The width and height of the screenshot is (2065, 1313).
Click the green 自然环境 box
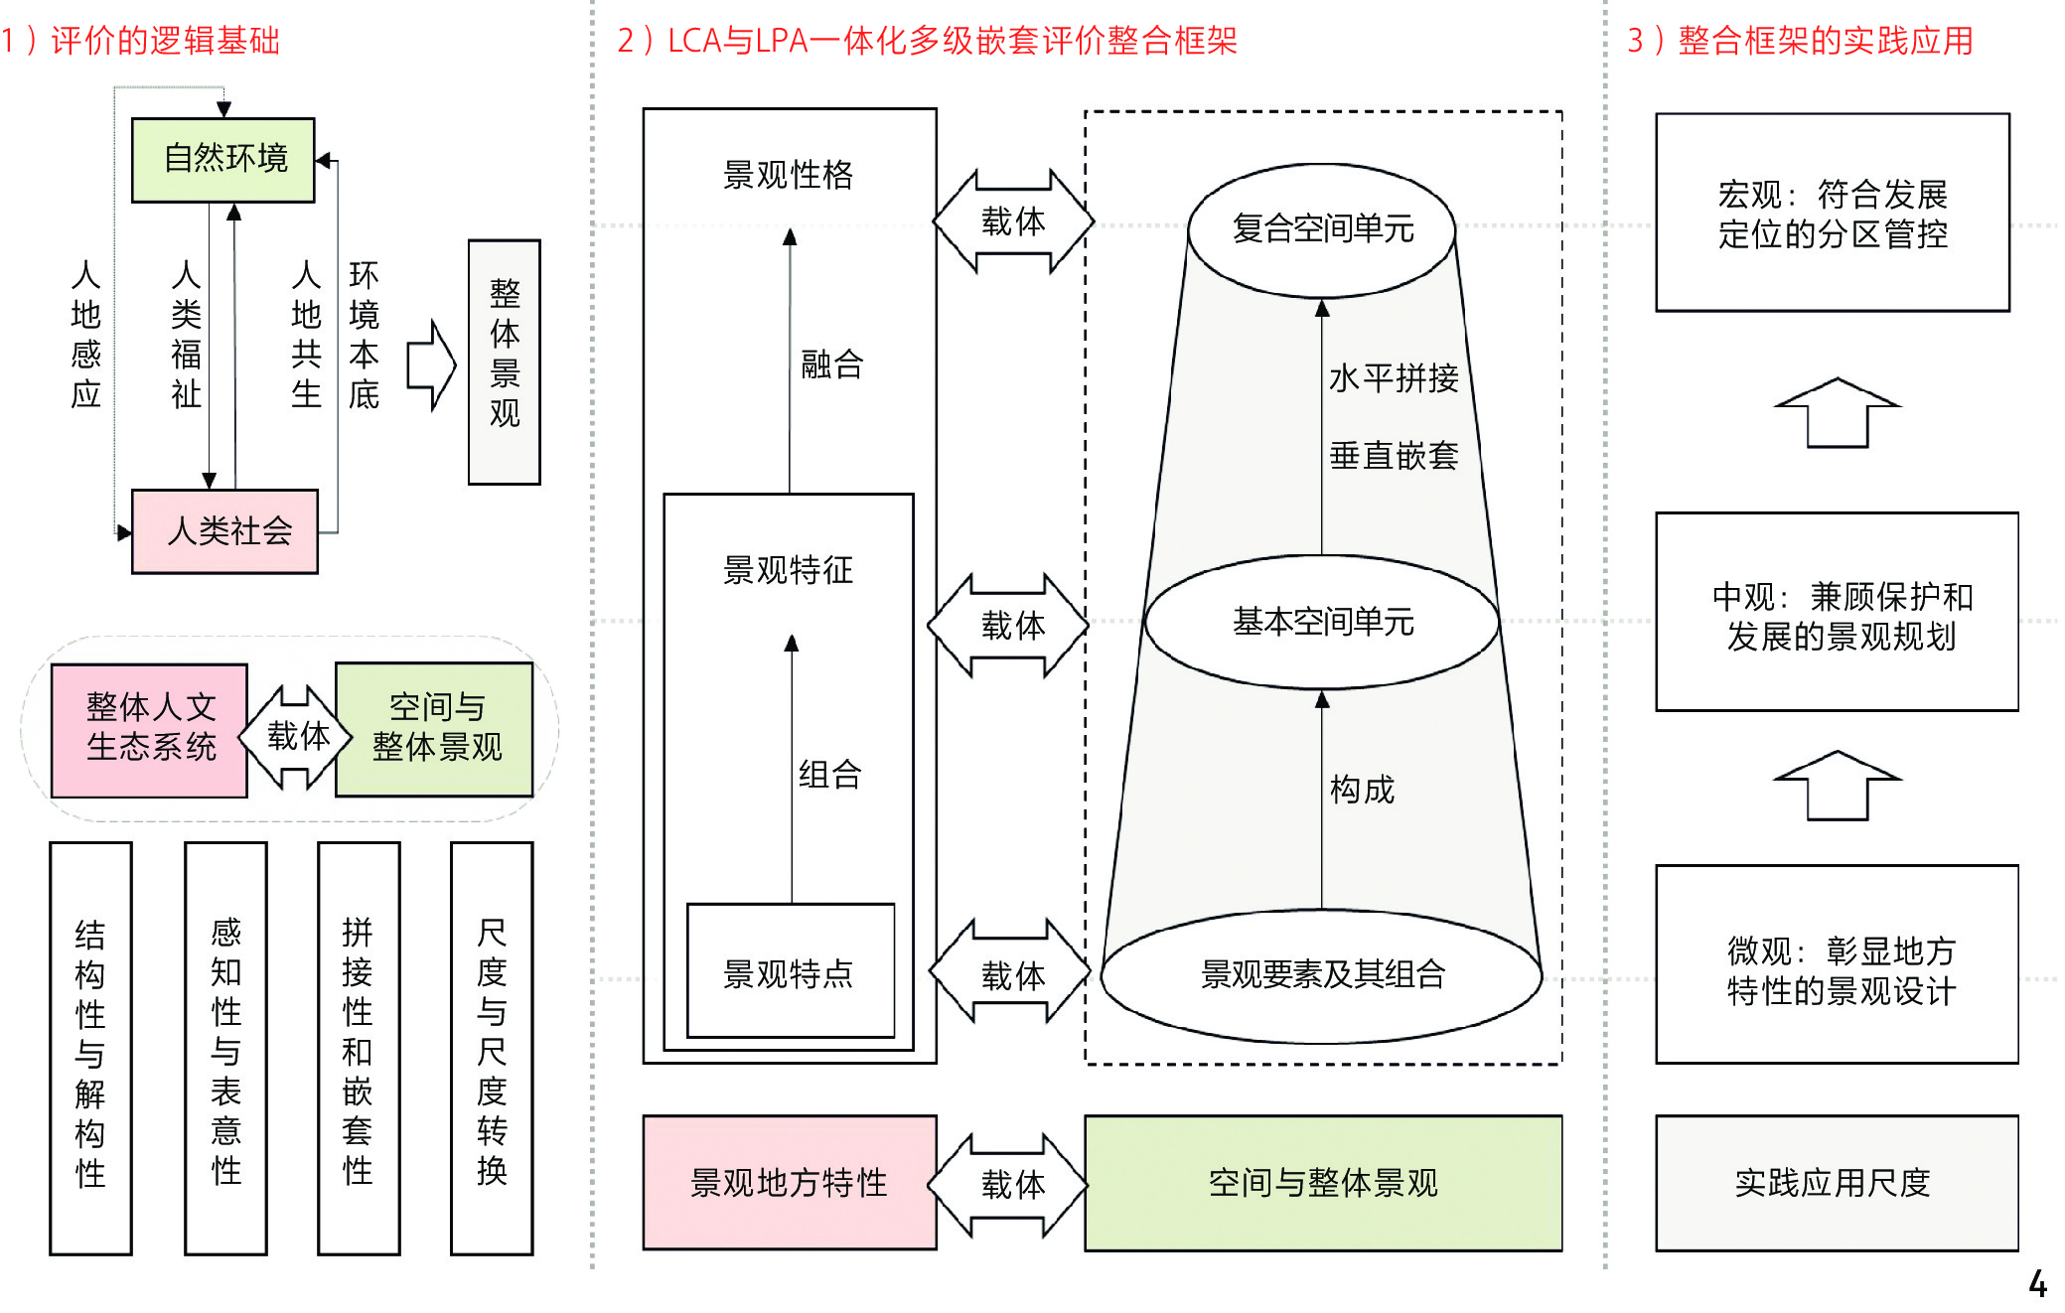click(223, 160)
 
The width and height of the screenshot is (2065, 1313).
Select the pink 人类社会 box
click(225, 531)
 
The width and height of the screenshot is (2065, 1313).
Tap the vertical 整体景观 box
click(505, 362)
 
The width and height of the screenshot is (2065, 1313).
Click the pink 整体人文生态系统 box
click(150, 730)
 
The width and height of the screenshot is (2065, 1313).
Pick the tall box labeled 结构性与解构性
click(90, 1048)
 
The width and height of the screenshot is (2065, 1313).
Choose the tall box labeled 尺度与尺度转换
click(492, 1048)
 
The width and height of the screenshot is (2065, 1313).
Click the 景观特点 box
click(790, 971)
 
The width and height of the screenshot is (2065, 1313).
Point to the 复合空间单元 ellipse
click(1322, 229)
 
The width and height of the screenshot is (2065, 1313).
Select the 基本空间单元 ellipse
click(1322, 622)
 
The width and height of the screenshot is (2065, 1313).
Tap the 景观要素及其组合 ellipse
click(1322, 974)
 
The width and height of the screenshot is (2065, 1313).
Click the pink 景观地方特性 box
click(790, 1182)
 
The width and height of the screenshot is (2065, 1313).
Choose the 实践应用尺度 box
click(1836, 1182)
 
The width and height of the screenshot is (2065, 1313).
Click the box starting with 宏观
click(1833, 213)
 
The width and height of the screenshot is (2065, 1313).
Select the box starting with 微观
click(1837, 964)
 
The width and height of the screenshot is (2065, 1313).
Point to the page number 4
click(2037, 1284)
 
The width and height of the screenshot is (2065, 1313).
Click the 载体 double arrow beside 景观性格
click(1012, 221)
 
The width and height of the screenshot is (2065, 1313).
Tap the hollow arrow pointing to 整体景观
click(431, 365)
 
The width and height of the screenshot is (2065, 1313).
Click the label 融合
click(832, 365)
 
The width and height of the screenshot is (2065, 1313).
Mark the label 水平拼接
click(1394, 378)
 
